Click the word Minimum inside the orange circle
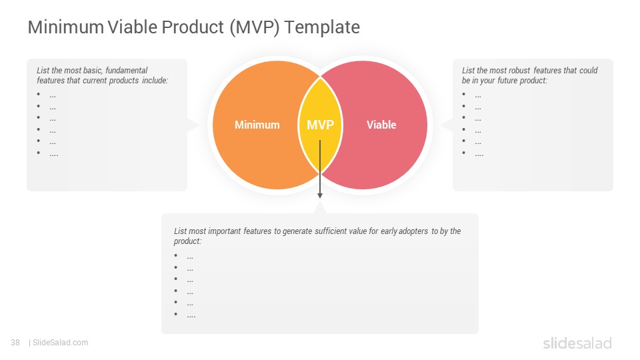tap(257, 125)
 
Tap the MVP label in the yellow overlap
tap(321, 125)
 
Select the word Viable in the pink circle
tap(381, 125)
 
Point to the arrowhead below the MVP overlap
tap(320, 196)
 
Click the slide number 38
tap(15, 343)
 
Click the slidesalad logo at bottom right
tap(577, 343)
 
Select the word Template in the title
tap(322, 27)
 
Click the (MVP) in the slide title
tap(254, 28)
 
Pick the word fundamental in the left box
tap(127, 70)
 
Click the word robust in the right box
tap(519, 70)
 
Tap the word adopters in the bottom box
tap(413, 231)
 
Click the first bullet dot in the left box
tap(39, 94)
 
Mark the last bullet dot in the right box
tap(464, 153)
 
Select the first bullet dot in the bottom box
tap(175, 255)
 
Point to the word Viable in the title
tap(133, 27)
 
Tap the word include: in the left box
tap(155, 81)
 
